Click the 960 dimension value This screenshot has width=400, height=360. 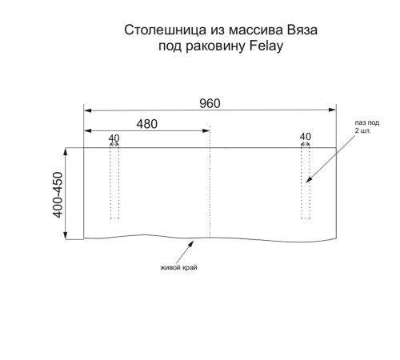point(210,103)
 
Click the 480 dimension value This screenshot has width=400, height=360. point(147,124)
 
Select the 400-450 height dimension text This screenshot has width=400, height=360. point(58,195)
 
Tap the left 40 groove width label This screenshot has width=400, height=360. point(114,138)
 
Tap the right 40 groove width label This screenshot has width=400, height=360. point(306,137)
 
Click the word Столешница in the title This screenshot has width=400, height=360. point(166,30)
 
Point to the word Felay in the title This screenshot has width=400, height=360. point(266,46)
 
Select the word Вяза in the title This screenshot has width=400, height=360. point(302,30)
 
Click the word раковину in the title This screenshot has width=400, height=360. point(215,46)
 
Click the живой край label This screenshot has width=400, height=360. point(178,267)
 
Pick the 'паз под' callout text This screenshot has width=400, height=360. point(367,122)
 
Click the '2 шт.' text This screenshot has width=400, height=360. point(362,130)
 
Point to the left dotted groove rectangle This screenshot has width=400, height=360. point(114,183)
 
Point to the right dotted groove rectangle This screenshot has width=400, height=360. point(306,183)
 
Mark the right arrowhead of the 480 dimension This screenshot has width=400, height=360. point(206,130)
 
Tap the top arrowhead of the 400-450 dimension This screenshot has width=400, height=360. point(66,151)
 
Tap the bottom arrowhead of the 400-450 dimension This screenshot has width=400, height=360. point(66,235)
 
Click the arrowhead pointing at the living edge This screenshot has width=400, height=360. point(191,243)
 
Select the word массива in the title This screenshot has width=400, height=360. point(256,30)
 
